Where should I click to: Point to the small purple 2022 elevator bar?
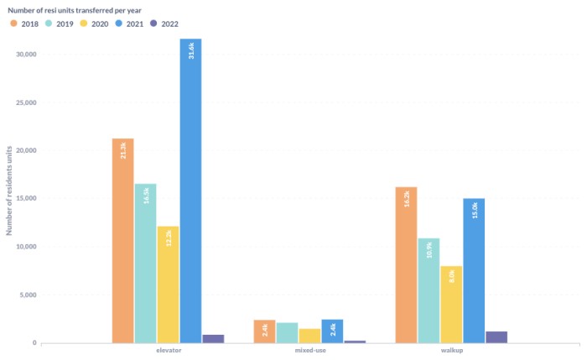pyautogui.click(x=213, y=338)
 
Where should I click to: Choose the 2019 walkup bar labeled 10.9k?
pyautogui.click(x=429, y=290)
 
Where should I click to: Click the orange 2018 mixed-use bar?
pyautogui.click(x=264, y=331)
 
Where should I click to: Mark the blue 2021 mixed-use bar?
pyautogui.click(x=332, y=331)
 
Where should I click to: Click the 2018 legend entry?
pyautogui.click(x=26, y=23)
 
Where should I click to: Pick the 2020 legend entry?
pyautogui.click(x=95, y=23)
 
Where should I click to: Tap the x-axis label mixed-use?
pyautogui.click(x=310, y=350)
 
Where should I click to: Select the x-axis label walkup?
pyautogui.click(x=452, y=350)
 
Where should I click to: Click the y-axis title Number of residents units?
pyautogui.click(x=10, y=190)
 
